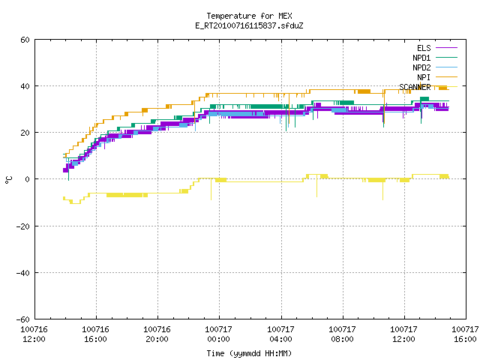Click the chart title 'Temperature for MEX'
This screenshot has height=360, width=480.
pos(249,16)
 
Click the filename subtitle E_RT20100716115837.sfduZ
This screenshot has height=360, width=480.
pos(249,25)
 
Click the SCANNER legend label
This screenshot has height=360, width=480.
pos(415,87)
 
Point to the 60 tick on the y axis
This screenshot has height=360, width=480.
pos(25,40)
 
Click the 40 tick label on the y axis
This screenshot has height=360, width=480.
pos(25,86)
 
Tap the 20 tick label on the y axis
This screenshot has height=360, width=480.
pos(25,133)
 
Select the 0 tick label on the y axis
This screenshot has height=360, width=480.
pos(28,179)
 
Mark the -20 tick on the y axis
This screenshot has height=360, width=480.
pos(23,226)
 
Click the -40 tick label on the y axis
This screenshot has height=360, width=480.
pos(23,273)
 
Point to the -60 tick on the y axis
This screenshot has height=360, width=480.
pos(23,319)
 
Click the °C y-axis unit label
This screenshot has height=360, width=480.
pos(8,180)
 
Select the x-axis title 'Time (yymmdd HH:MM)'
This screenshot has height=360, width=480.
pos(249,353)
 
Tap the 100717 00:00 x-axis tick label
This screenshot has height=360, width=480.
pos(218,334)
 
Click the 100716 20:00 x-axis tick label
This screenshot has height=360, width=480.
pos(157,334)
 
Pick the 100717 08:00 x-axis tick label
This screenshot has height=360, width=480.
pos(342,334)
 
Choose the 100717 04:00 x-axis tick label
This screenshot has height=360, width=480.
pos(280,334)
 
